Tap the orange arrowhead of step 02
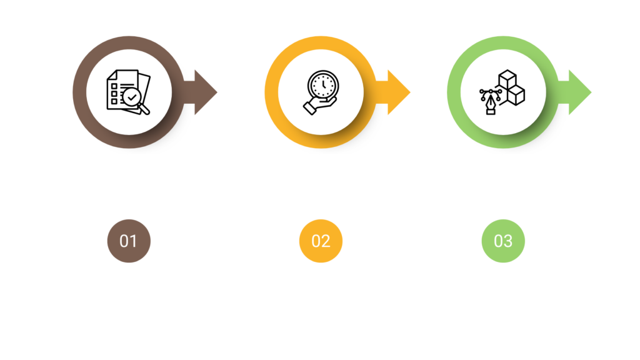pos(399,93)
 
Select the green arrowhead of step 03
pos(579,93)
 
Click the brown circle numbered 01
pos(128,241)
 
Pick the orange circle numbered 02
pos(321,241)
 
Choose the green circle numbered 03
pos(503,241)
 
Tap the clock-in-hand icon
pos(321,93)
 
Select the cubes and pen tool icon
pos(503,93)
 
